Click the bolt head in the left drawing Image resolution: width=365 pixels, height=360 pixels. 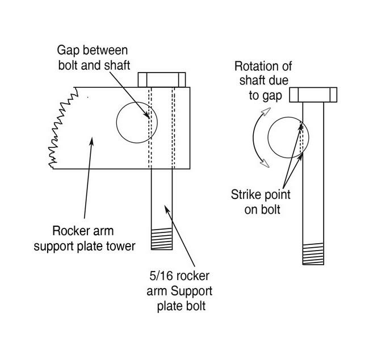[162, 79]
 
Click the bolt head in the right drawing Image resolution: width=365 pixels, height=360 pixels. [313, 94]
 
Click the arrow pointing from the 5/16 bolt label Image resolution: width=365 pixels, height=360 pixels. [181, 235]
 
